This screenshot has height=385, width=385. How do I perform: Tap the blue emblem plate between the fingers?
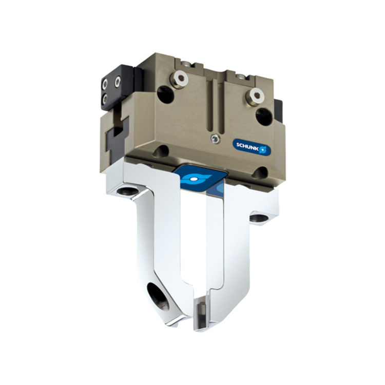point(195,178)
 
